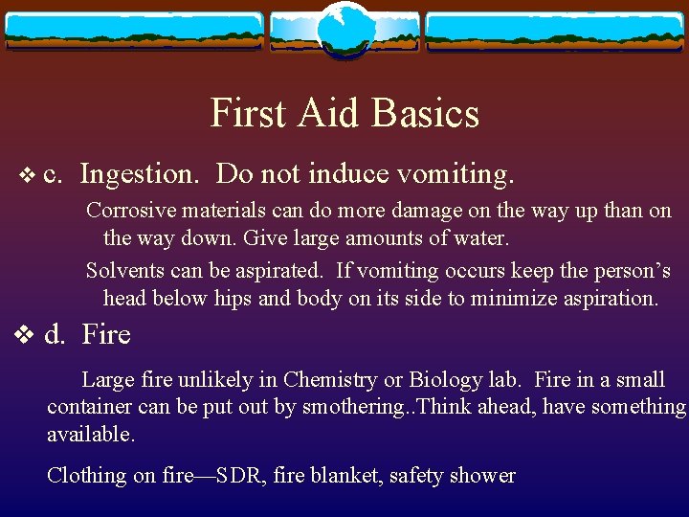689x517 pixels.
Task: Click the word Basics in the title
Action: point(428,114)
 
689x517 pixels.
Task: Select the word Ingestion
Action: point(141,174)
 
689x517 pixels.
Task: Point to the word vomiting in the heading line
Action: point(456,174)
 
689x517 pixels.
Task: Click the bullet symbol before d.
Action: point(26,336)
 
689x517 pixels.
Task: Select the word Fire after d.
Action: point(106,335)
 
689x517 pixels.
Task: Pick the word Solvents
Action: point(121,271)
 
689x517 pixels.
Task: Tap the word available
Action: point(91,434)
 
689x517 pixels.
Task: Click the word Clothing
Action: point(87,475)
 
